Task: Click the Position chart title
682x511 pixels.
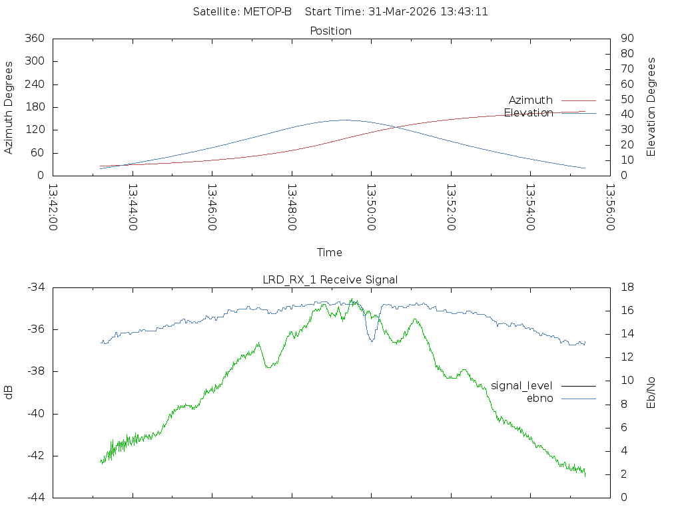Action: pos(330,31)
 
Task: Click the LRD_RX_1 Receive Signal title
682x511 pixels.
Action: pos(330,279)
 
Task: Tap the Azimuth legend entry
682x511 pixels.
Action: pos(530,100)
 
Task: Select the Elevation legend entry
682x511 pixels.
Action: pos(528,112)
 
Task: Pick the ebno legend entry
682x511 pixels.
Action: pos(539,398)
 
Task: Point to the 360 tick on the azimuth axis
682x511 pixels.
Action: pos(33,39)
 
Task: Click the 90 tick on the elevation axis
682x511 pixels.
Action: pos(626,39)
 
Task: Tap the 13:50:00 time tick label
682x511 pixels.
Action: pos(370,207)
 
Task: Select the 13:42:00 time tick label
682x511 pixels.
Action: pos(53,207)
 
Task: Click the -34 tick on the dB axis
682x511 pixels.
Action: pos(36,287)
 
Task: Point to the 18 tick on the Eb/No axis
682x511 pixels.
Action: pos(627,287)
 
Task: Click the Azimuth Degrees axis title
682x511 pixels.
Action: pos(9,107)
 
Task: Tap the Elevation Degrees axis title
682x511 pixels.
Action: pos(651,107)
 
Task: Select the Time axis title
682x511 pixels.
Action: pos(330,252)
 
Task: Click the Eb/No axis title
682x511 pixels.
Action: pos(651,392)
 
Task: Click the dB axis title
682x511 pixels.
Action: pos(9,392)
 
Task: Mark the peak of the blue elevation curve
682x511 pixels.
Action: pos(344,120)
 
